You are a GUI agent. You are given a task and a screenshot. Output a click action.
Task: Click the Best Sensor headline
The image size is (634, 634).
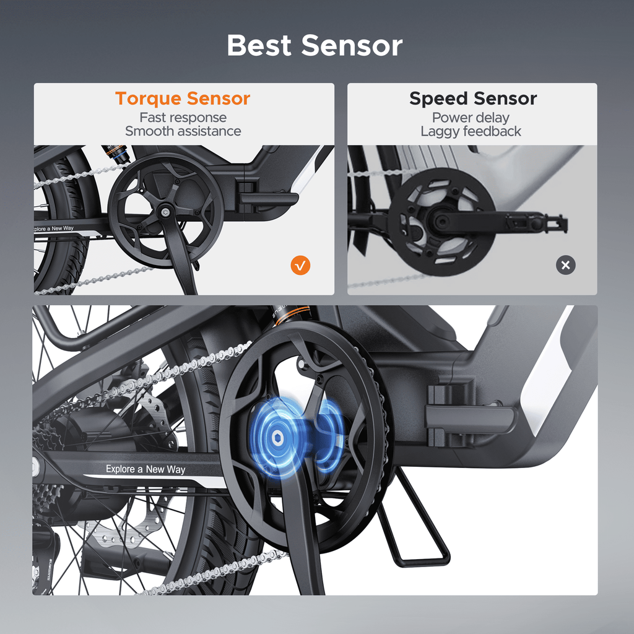(x=315, y=45)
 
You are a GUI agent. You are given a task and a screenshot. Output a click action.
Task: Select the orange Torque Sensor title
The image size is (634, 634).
(x=183, y=98)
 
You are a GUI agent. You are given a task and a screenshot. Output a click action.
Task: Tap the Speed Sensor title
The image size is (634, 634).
(x=472, y=98)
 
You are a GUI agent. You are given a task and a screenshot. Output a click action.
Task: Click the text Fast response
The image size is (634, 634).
(x=183, y=117)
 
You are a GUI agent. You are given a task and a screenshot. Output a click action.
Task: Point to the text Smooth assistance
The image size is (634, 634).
(x=183, y=131)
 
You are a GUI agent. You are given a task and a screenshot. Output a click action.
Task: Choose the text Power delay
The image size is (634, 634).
(x=471, y=117)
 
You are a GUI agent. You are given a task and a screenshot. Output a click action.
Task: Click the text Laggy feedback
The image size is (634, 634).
(x=471, y=131)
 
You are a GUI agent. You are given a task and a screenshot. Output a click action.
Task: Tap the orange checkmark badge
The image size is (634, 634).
(x=300, y=265)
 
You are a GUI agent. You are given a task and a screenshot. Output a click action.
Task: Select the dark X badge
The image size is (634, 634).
(x=566, y=265)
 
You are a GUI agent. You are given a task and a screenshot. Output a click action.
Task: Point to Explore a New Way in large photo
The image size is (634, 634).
(x=145, y=469)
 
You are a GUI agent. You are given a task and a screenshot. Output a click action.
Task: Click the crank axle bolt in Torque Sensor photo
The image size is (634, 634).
(x=164, y=212)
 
